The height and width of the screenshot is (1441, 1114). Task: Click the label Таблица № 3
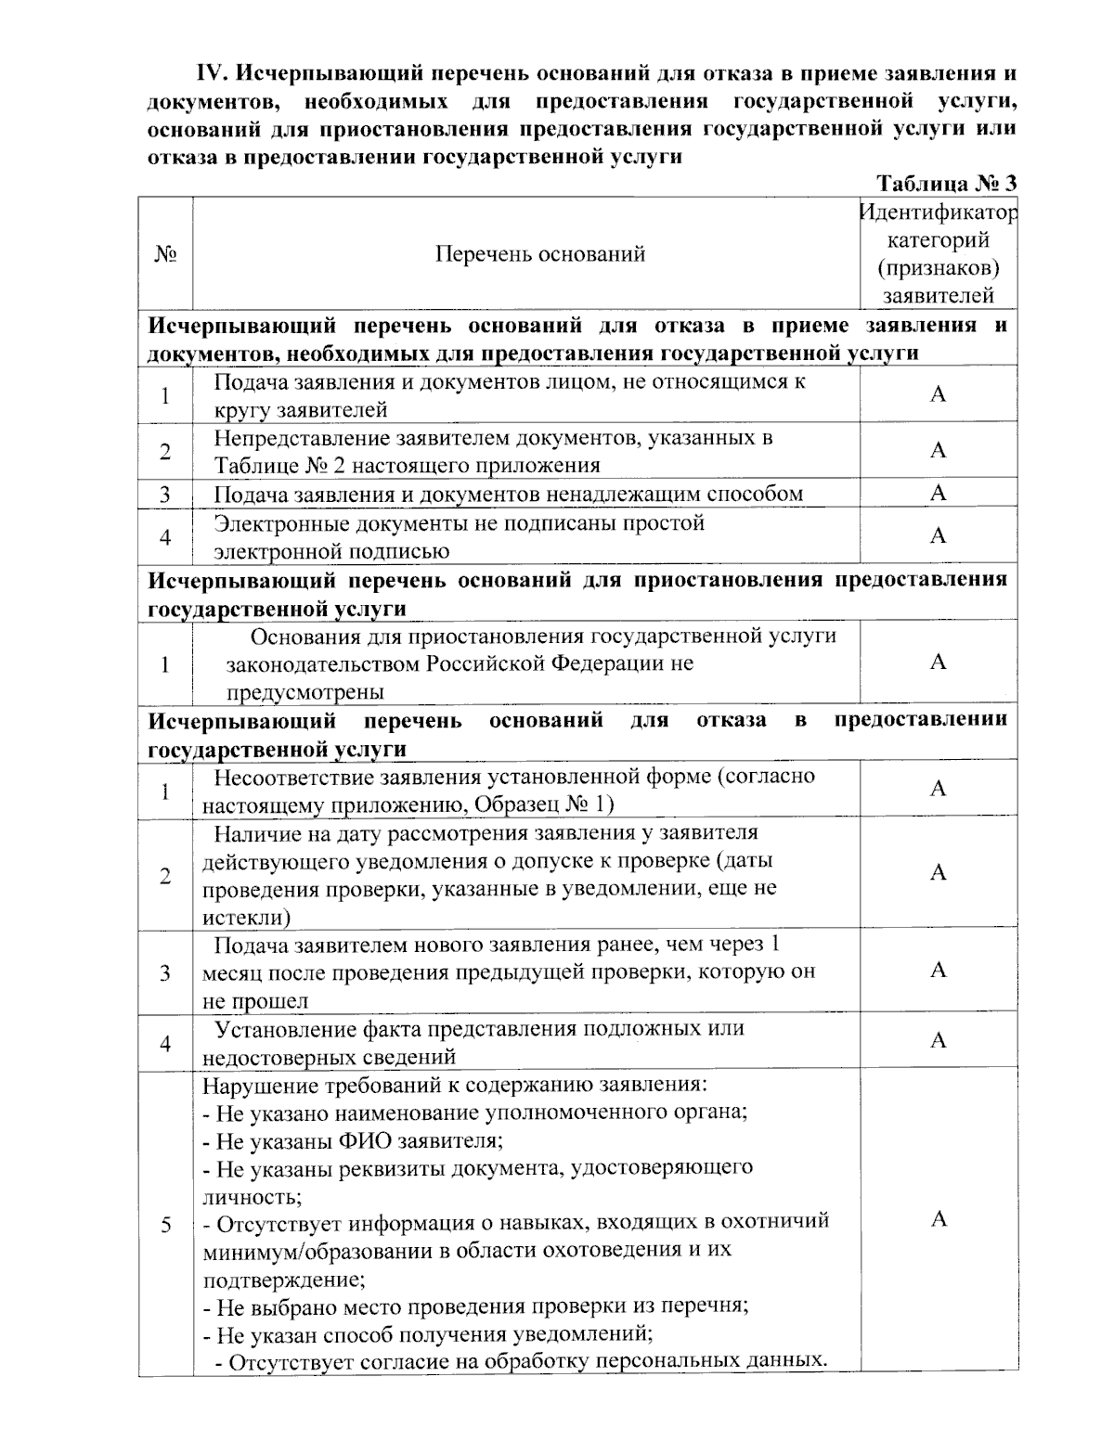tap(947, 183)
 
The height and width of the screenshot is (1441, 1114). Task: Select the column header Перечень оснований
tap(540, 254)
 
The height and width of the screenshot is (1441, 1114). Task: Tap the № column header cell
tap(165, 254)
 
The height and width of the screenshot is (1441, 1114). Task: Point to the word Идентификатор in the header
tap(938, 212)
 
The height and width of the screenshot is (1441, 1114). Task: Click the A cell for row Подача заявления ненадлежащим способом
tap(938, 493)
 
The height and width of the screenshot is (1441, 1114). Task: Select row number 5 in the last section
tap(165, 1225)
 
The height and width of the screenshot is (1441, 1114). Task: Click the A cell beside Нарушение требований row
tap(938, 1218)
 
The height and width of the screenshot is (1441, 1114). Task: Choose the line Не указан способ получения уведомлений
tap(429, 1334)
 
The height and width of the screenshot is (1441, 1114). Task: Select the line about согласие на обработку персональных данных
tap(520, 1362)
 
